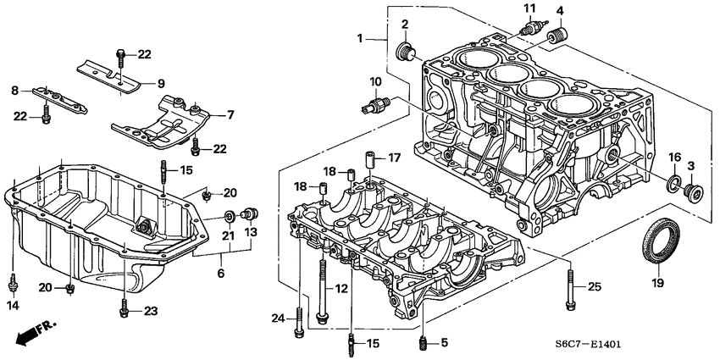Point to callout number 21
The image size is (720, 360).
[227, 235]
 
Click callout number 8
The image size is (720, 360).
[14, 90]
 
